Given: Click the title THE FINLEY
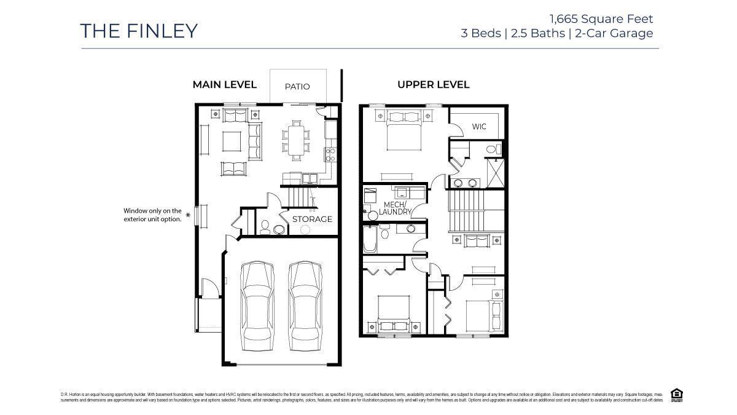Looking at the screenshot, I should click(139, 31).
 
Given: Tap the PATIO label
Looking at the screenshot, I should click(297, 87).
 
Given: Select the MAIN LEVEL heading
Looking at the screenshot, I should click(224, 85).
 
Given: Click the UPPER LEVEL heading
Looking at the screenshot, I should click(433, 85).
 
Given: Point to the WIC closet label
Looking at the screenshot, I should click(479, 127).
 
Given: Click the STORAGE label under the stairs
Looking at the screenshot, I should click(312, 219).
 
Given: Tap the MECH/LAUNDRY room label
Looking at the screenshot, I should click(394, 208).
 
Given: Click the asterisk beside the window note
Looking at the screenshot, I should click(188, 216).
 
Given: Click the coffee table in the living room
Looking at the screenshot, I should click(232, 141).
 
